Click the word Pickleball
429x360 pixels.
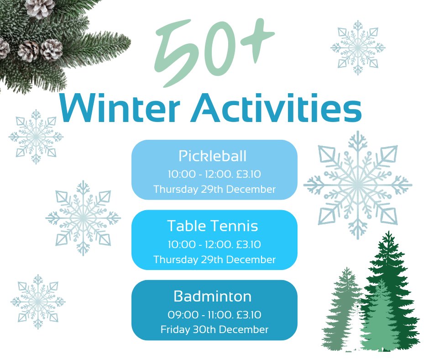tap(213, 156)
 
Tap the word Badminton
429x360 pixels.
tap(213, 296)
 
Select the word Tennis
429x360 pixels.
tap(236, 226)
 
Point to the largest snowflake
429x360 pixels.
tap(358, 185)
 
